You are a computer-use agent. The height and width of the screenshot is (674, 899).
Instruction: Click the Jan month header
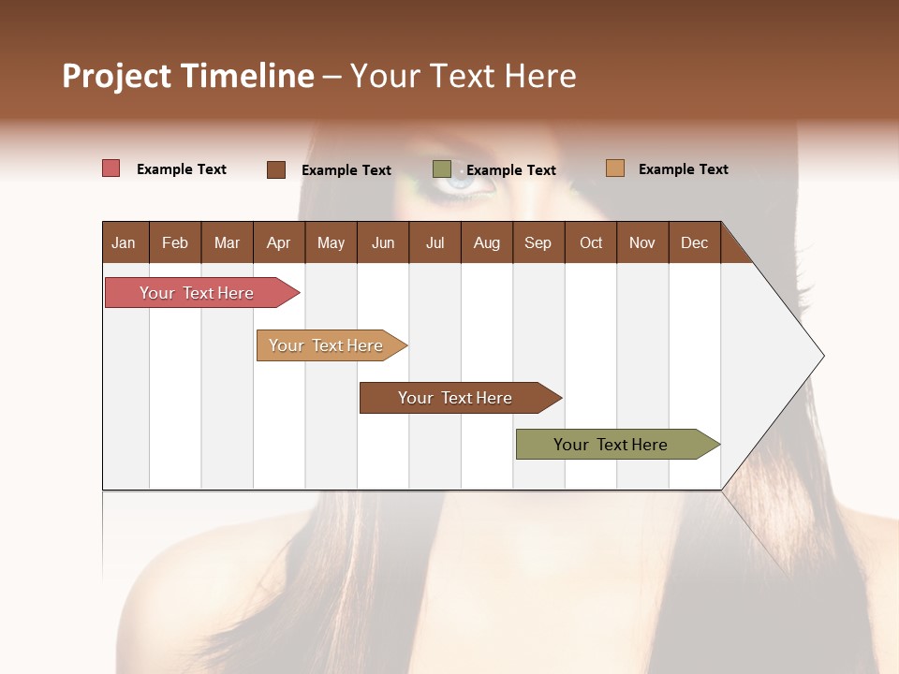(x=124, y=242)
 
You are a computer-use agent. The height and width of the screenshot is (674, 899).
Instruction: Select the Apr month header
(x=278, y=242)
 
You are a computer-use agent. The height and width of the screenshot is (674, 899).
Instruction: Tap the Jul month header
(x=435, y=242)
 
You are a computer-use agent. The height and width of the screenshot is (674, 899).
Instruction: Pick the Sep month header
(x=538, y=242)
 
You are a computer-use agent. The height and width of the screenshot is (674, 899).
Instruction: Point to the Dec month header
(x=694, y=242)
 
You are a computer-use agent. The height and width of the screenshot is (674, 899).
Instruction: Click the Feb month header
(x=175, y=242)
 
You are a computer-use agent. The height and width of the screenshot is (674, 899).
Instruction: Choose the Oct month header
(x=591, y=242)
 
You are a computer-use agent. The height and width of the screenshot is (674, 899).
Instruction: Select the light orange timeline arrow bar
(x=328, y=345)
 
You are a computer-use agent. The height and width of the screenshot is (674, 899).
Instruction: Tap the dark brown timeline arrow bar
(x=456, y=398)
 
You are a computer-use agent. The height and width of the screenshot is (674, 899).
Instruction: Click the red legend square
(x=111, y=168)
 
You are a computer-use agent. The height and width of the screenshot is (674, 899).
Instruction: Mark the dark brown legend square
(x=276, y=169)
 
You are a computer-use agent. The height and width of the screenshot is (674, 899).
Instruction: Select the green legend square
(x=442, y=169)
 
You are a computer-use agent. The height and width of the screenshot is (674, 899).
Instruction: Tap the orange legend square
(x=614, y=168)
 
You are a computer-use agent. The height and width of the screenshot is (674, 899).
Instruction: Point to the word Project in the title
(x=117, y=76)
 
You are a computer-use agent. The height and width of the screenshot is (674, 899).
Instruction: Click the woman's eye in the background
(x=459, y=183)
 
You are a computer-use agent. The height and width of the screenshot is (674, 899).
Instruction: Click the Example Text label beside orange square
(x=683, y=168)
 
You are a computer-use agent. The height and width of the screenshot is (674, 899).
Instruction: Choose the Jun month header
(x=383, y=242)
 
